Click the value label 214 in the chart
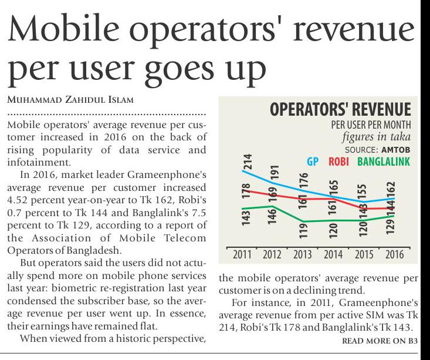tap(248, 162)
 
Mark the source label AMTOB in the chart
tap(397, 150)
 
